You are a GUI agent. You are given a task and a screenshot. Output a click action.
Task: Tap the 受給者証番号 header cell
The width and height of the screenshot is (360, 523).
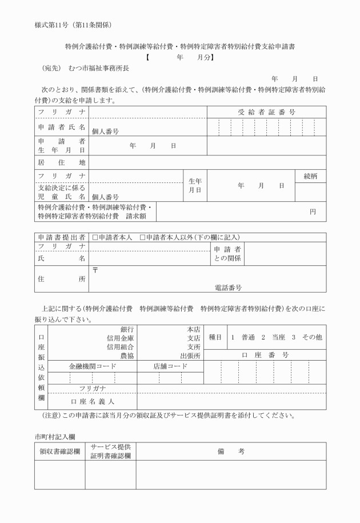[266, 112]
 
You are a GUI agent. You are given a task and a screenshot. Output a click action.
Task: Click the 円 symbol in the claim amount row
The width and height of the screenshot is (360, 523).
[313, 211]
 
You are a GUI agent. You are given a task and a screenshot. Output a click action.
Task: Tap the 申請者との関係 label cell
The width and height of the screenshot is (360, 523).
[227, 254]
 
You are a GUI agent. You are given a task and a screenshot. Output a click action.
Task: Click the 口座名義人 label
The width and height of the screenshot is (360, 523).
[92, 401]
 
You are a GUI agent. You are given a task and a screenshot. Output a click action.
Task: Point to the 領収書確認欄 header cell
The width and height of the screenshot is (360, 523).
[59, 451]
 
